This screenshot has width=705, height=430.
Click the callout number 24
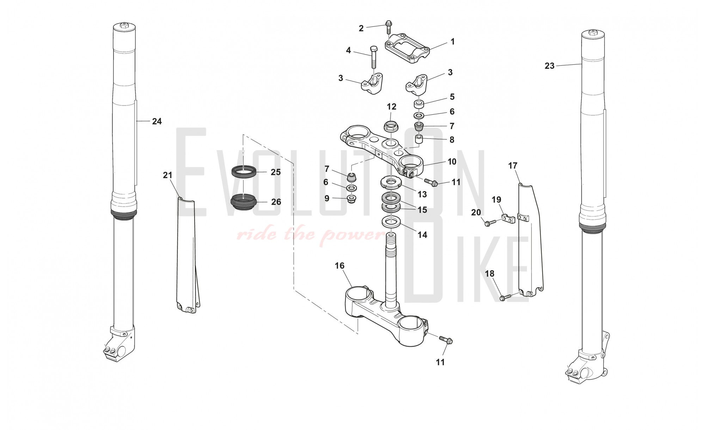click(157, 121)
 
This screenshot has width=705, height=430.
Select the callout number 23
click(550, 66)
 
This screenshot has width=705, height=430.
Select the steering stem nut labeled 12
click(391, 126)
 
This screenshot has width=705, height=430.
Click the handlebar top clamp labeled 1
click(407, 48)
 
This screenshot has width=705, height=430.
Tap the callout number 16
click(339, 266)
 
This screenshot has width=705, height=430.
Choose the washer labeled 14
click(391, 222)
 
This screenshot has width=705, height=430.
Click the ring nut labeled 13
click(390, 182)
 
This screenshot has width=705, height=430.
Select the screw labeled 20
click(490, 223)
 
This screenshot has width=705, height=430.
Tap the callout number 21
click(168, 175)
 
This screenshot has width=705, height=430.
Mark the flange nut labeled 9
click(351, 199)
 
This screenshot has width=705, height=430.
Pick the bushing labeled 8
click(419, 140)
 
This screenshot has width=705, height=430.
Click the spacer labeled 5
click(419, 104)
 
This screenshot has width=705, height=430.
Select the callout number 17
click(513, 166)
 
